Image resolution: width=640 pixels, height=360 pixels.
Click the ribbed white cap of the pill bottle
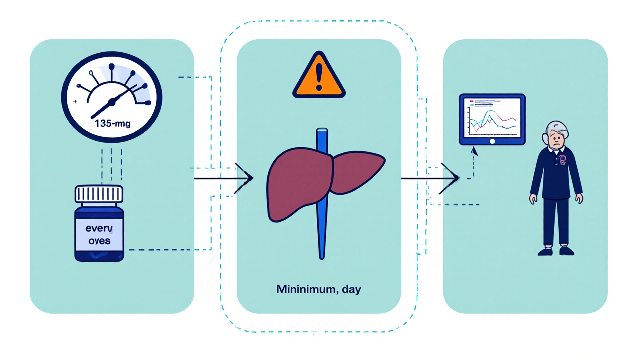[x=99, y=194]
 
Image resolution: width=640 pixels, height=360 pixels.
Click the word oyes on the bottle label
[x=99, y=240]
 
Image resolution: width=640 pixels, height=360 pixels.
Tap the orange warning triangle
[x=318, y=78]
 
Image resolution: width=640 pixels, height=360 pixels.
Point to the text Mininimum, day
[x=318, y=290]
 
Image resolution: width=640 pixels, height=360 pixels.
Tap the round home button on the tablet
[x=492, y=141]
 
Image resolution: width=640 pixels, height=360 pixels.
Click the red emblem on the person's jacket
[x=563, y=160]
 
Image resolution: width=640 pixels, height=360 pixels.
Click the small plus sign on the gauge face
[x=75, y=101]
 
